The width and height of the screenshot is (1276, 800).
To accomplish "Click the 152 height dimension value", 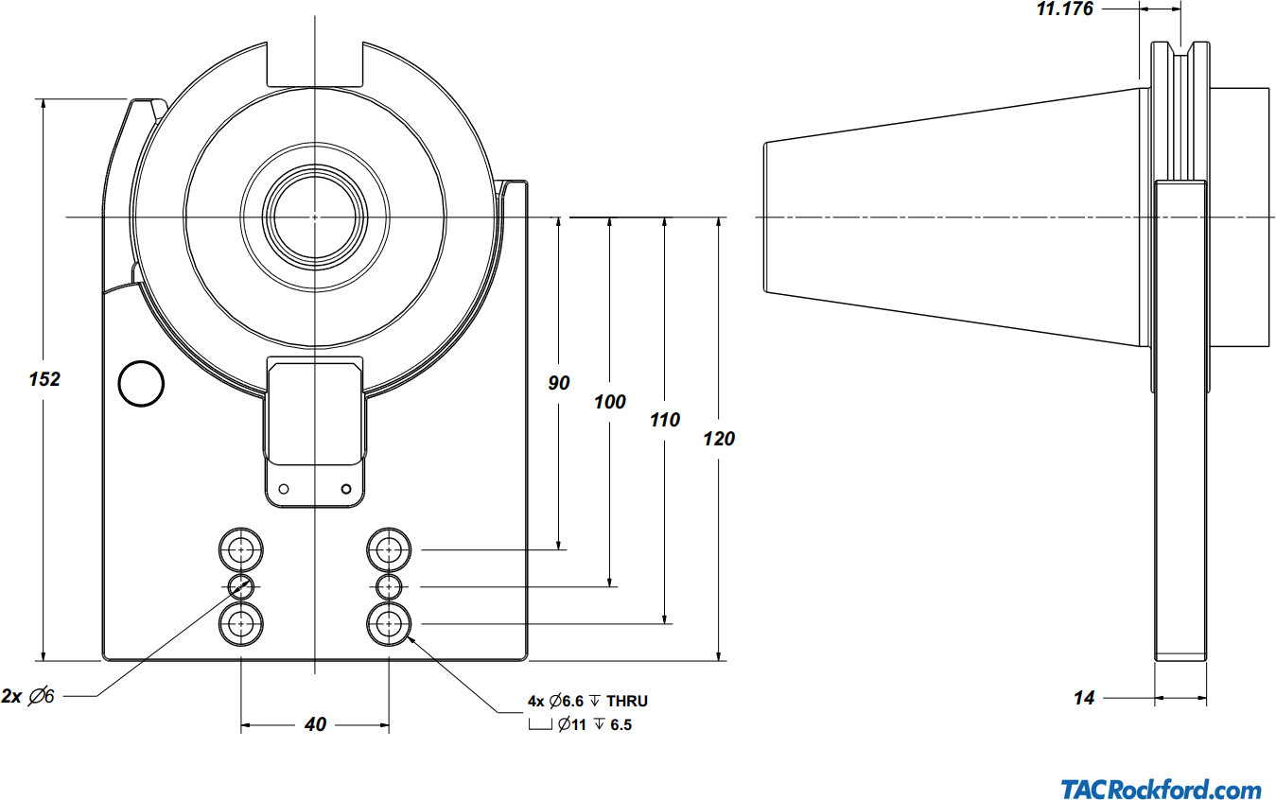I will tap(44, 379).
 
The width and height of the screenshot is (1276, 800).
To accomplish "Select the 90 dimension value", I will tap(559, 383).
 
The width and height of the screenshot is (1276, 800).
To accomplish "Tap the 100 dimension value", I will tap(610, 402).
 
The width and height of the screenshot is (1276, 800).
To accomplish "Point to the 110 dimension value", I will tap(665, 420).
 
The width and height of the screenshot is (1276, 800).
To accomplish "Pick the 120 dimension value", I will tap(719, 439).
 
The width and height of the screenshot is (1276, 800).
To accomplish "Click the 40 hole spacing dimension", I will tap(315, 724).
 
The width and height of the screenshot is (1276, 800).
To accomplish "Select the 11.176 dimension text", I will tap(1065, 9).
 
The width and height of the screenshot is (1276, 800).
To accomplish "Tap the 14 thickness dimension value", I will tap(1084, 698).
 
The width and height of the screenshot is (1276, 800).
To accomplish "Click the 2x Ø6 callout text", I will tap(28, 696).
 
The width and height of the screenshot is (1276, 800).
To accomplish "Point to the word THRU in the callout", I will tap(627, 702).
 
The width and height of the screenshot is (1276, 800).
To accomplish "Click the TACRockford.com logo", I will tap(1161, 790).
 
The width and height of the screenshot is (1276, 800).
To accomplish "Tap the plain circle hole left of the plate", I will tap(141, 383).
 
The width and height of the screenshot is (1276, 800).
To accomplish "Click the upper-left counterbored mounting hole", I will tap(241, 548).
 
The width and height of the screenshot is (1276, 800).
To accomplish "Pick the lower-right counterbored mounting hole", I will tap(390, 623).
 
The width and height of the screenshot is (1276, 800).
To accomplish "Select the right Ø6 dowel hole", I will tap(390, 586).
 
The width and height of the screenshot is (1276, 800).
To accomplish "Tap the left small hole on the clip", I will tap(283, 489).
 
